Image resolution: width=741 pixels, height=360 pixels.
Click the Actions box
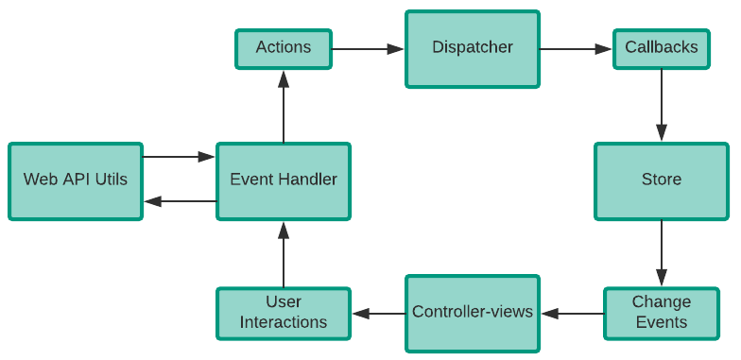click(x=284, y=48)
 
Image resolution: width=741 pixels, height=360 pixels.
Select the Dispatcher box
click(x=473, y=48)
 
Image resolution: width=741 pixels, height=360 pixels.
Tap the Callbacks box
click(x=662, y=48)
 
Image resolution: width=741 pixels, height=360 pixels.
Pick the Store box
click(x=662, y=180)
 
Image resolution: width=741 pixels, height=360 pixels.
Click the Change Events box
click(x=662, y=313)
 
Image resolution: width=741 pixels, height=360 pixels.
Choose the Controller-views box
click(x=473, y=313)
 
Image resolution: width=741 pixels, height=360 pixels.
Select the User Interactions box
click(x=284, y=313)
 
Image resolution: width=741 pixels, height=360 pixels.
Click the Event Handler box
click(x=284, y=180)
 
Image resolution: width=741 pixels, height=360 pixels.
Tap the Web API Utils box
click(x=76, y=180)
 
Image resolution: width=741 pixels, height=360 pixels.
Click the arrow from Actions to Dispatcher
click(x=369, y=48)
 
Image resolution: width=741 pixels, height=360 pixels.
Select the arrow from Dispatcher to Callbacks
click(x=577, y=48)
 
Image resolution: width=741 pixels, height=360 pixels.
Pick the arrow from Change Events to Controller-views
click(x=572, y=313)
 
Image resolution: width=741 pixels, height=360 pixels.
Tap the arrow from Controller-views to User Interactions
click(x=378, y=313)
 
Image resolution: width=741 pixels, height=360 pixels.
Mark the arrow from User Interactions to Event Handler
click(x=284, y=254)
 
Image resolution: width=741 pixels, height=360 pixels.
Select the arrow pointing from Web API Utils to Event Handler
click(x=180, y=157)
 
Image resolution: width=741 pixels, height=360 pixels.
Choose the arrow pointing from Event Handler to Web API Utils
click(x=180, y=201)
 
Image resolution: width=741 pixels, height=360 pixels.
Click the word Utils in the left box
click(x=110, y=180)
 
